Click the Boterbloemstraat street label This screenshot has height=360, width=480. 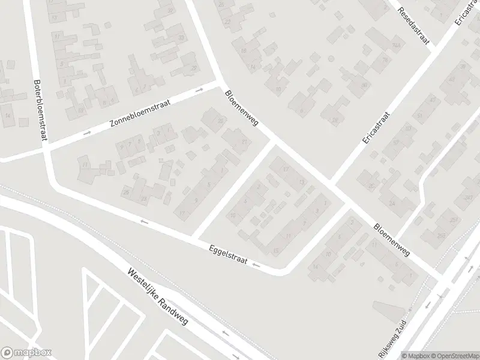(x=40, y=110)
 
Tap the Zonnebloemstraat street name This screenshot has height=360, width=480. (x=140, y=114)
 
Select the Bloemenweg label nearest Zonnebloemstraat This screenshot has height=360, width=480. (x=241, y=109)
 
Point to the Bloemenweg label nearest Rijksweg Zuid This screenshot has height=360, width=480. (x=391, y=241)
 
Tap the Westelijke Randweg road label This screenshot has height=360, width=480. (x=158, y=297)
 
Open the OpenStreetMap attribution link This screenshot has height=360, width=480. (x=454, y=355)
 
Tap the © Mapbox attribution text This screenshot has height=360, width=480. (x=417, y=355)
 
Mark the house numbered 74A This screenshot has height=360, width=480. (x=396, y=46)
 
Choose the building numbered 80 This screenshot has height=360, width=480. (x=364, y=85)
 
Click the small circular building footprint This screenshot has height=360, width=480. (x=331, y=58)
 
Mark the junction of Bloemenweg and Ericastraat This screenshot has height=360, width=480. (x=332, y=183)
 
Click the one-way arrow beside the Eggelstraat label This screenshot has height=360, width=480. (x=256, y=265)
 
